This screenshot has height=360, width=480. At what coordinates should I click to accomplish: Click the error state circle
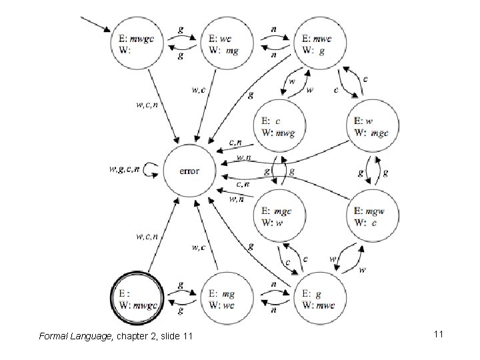[189, 171]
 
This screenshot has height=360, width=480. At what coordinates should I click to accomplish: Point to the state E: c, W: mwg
[279, 126]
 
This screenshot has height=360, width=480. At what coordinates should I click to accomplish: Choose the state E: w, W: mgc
[373, 126]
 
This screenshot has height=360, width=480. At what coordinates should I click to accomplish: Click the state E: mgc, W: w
[279, 216]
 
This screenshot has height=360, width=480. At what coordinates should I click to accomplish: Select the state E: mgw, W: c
[373, 216]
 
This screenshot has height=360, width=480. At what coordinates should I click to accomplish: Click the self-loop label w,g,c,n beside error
[125, 170]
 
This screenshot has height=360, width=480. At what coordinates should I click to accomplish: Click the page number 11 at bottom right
[438, 333]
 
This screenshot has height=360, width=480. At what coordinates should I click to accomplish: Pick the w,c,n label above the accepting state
[147, 236]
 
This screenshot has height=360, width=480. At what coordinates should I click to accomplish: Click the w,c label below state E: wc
[199, 88]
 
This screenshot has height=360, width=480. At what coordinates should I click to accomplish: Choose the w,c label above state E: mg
[199, 248]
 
